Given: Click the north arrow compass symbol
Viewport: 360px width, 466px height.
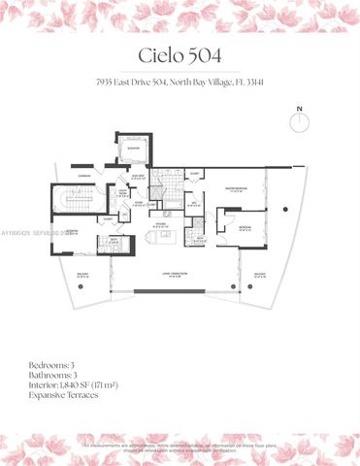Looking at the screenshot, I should pyautogui.click(x=300, y=119).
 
